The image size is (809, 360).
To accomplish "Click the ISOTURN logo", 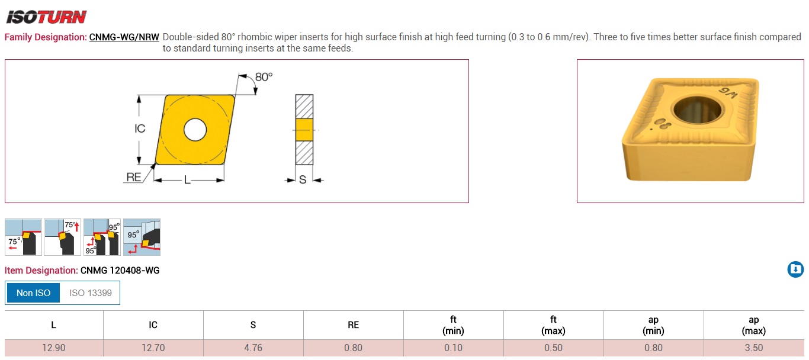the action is pyautogui.click(x=47, y=17).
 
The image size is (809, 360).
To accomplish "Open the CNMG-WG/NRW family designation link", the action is pyautogui.click(x=124, y=37).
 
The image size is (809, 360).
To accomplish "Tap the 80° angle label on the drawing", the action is pyautogui.click(x=264, y=77).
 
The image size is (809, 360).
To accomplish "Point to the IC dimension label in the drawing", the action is pyautogui.click(x=140, y=128).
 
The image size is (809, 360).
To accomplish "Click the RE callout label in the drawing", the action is pyautogui.click(x=134, y=177).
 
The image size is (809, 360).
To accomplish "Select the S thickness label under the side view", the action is pyautogui.click(x=303, y=179).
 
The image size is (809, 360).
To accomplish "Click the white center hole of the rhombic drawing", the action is pyautogui.click(x=195, y=130).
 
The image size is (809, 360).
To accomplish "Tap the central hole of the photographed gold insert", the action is pyautogui.click(x=698, y=110).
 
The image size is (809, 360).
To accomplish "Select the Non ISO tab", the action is pyautogui.click(x=34, y=293).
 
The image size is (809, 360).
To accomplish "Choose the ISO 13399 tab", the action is pyautogui.click(x=90, y=293).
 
